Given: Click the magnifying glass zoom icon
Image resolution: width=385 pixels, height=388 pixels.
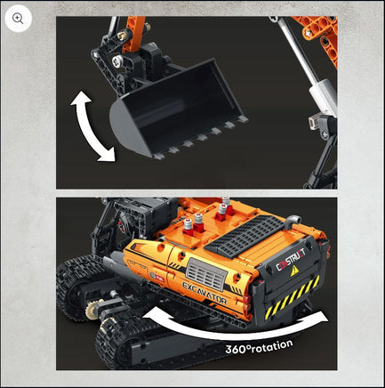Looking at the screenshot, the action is click(18, 19).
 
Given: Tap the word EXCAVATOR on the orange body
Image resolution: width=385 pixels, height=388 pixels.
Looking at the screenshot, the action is click(205, 294).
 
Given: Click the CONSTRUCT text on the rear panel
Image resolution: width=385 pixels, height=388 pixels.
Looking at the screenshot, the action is click(291, 260).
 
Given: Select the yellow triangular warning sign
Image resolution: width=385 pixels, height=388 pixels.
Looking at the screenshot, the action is click(294, 271).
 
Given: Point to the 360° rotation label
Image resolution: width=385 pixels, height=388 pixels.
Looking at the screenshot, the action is click(259, 346).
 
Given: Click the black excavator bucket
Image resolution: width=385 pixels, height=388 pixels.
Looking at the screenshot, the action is click(178, 109).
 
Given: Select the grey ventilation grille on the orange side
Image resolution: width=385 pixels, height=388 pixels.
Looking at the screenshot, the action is click(206, 274).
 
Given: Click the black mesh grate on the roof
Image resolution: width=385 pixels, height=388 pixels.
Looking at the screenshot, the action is click(245, 236).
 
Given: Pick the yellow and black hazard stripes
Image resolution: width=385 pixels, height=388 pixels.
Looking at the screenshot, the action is click(292, 297).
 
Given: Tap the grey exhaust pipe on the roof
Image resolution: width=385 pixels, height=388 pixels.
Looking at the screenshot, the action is click(293, 222).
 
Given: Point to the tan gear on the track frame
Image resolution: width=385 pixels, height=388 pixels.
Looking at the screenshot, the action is click(92, 309).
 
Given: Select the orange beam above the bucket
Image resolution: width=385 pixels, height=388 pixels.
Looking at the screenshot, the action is click(134, 34).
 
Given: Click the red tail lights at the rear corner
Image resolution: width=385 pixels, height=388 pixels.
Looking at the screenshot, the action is click(246, 303).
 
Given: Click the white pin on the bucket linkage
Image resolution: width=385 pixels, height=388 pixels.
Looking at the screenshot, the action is click(117, 61).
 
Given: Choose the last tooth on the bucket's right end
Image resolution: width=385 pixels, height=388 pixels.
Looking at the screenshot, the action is click(243, 119).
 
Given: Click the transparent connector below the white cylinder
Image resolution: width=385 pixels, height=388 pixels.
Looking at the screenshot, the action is click(314, 122).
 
